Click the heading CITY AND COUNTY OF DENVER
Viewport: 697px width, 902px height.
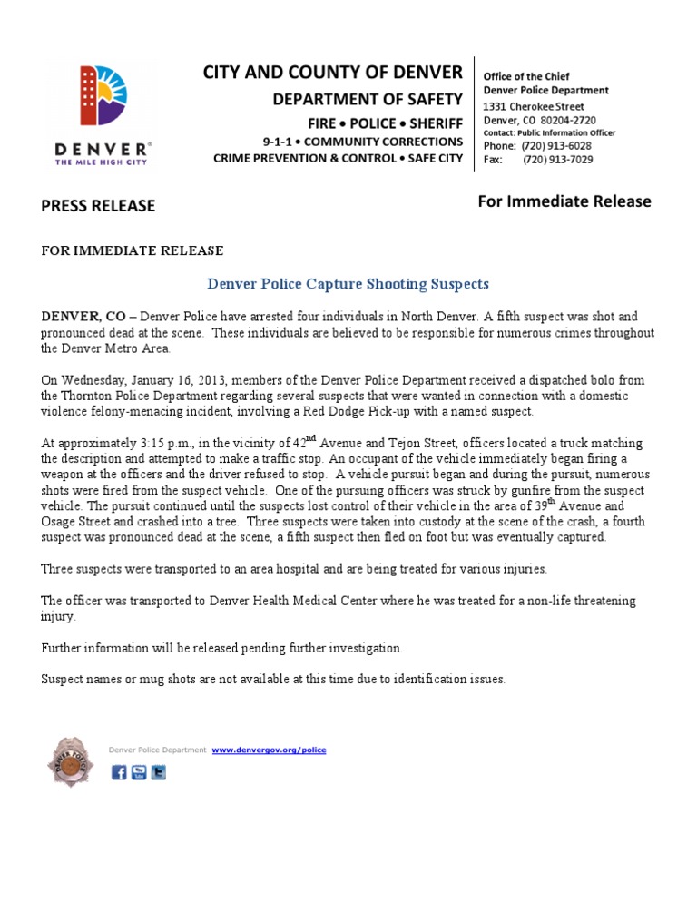[x=332, y=72]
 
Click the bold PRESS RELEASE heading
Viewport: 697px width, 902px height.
[x=98, y=206]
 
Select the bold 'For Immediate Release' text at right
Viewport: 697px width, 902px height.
[x=564, y=201]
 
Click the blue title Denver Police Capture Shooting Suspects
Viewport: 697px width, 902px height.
[x=348, y=284]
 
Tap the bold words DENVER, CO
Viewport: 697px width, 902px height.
[x=83, y=317]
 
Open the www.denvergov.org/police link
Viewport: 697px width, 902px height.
[x=269, y=750]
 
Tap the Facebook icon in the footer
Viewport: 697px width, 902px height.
[x=119, y=773]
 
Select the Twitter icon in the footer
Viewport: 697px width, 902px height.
[x=159, y=773]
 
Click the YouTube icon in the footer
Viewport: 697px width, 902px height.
[x=139, y=773]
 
